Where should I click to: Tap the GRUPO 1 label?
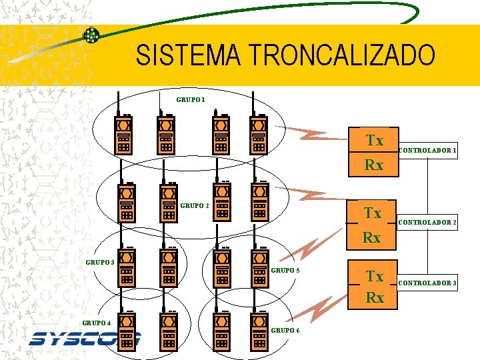coord(191,100)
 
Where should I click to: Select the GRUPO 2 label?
coord(195,205)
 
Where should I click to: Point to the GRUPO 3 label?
coord(100,262)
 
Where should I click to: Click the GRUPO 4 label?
coord(97,323)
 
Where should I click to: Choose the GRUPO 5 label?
coord(285,270)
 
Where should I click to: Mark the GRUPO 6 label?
coord(285,330)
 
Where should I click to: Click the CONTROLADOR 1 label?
coord(427,151)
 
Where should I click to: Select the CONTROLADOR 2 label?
coord(427,222)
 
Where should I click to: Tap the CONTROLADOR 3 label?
coord(427,283)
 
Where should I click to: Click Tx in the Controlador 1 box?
coord(374,141)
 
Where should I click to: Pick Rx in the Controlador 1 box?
coord(373,165)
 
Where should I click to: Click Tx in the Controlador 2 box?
coord(372,213)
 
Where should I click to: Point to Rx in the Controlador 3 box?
coord(374,298)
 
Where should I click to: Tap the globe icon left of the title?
coord(91,35)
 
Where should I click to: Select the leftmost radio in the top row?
coord(123,133)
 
